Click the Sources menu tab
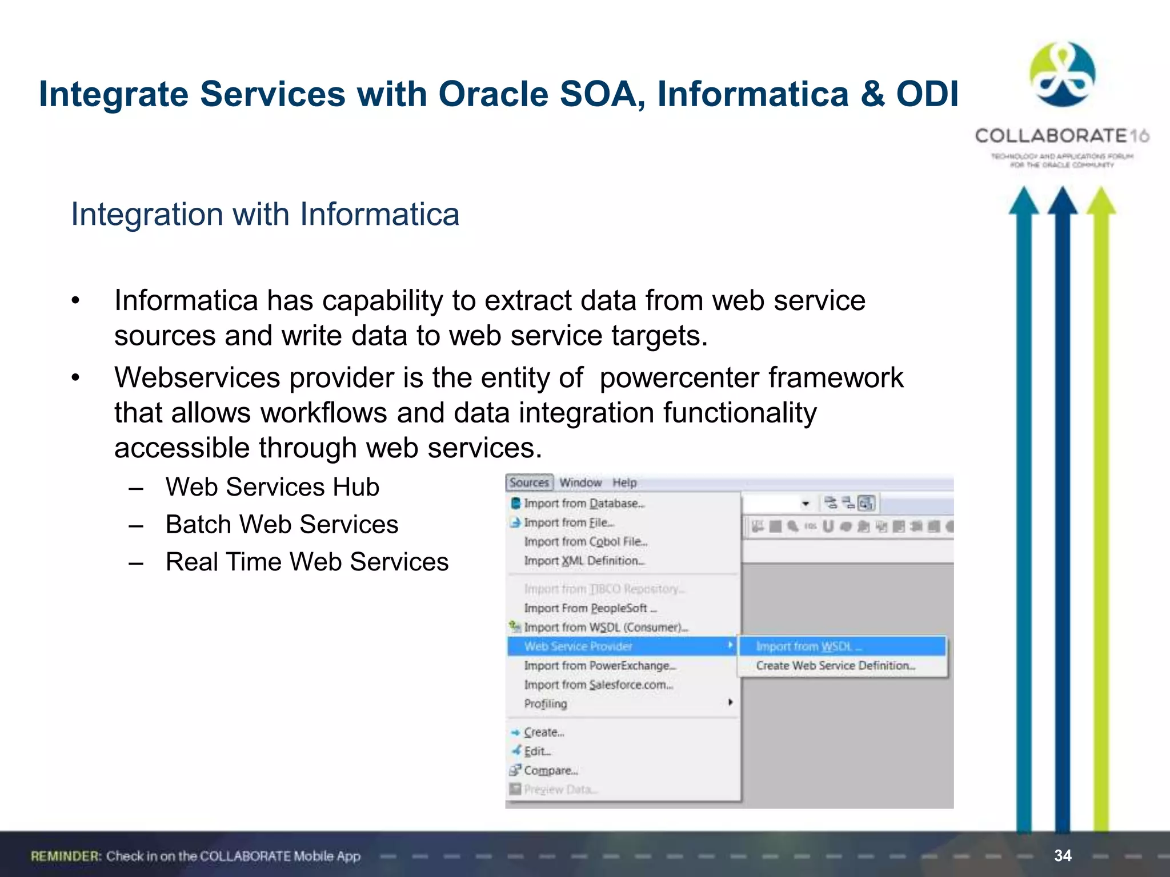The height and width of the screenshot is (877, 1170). point(529,482)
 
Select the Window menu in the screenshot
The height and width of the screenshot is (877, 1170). point(580,482)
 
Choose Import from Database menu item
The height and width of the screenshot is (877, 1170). point(584,504)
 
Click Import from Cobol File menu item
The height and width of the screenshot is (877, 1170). point(586,541)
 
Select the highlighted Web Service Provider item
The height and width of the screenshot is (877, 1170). point(578,646)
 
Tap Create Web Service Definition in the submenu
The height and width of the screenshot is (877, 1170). point(835,666)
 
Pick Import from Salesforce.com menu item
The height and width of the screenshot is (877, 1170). point(598,685)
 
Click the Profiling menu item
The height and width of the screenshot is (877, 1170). point(546,704)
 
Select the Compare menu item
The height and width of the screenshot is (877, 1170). point(551,771)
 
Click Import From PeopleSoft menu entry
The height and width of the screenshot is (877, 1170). point(590,608)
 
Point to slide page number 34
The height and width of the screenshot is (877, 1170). point(1063,855)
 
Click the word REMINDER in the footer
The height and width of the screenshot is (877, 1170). point(66,856)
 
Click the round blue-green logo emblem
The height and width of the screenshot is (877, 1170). point(1062,75)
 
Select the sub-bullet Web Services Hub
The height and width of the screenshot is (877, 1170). point(272,487)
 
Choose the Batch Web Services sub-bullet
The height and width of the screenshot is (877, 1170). point(282,524)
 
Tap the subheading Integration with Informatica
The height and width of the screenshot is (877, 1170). point(265,215)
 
